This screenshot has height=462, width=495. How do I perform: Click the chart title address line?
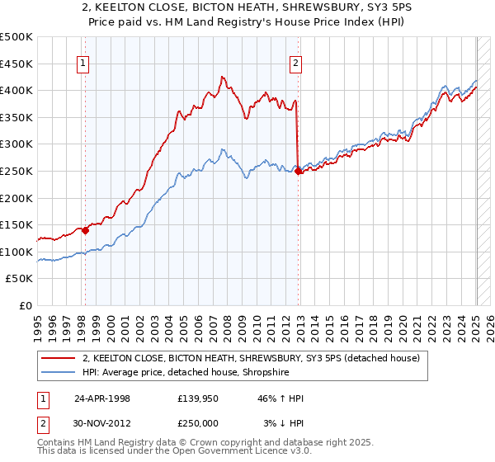247,9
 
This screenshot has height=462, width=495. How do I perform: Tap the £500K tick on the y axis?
16,37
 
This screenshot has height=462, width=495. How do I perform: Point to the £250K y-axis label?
16,171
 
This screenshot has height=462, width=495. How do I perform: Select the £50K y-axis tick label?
20,279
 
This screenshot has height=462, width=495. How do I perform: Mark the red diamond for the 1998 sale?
85,231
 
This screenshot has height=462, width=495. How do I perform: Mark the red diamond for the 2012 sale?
298,172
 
